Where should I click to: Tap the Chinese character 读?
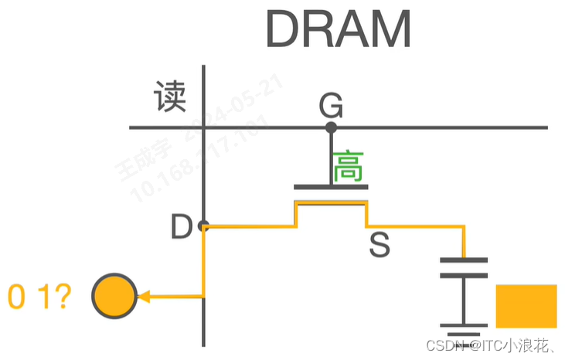point(170,97)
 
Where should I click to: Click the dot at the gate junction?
point(332,127)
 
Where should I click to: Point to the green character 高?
point(348,167)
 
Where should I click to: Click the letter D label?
point(182,227)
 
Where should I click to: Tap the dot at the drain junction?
point(203,226)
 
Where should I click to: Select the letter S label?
point(380,246)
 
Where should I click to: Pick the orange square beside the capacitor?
point(526,306)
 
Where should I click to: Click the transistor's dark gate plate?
point(331,187)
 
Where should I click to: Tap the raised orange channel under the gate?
point(331,202)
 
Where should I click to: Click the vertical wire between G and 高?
point(332,155)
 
